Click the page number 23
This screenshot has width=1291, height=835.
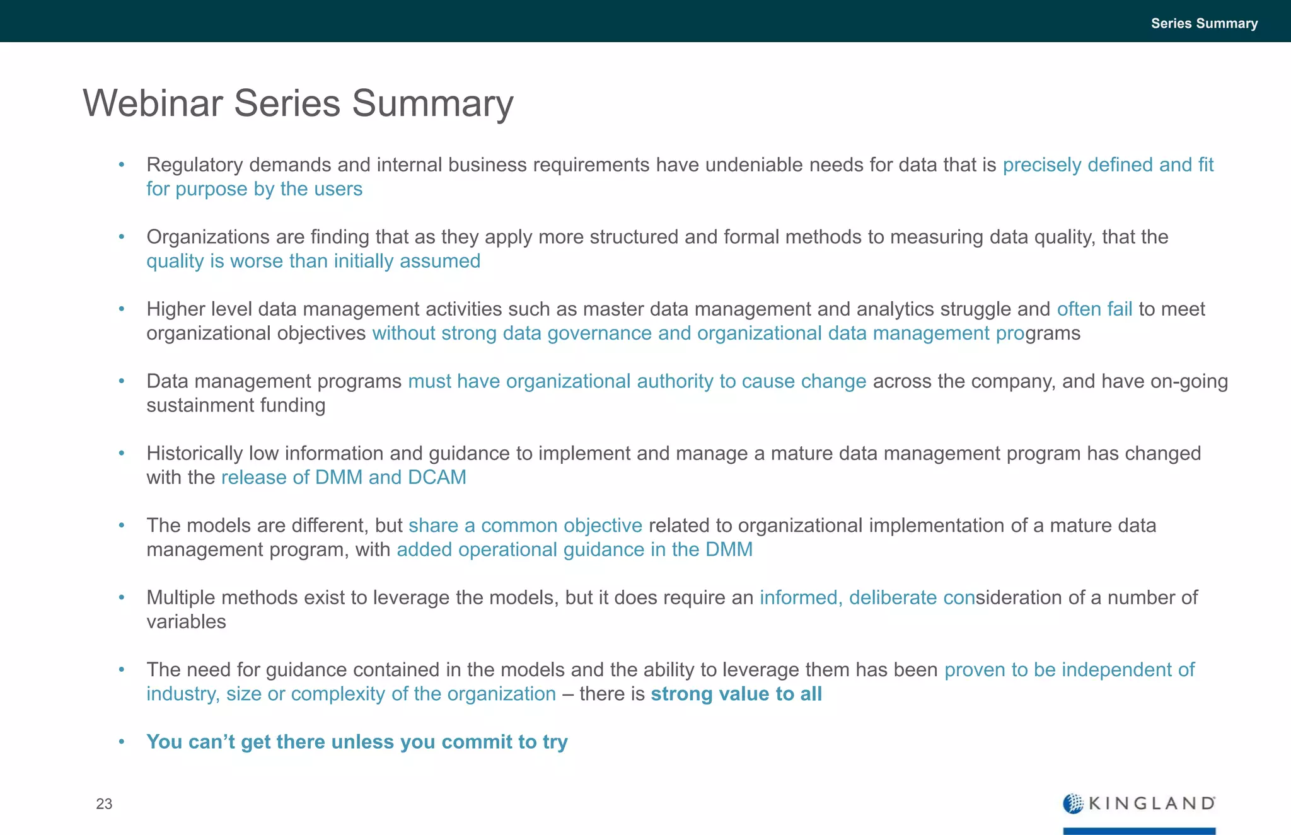[104, 803]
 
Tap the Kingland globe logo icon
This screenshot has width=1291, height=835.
[1073, 803]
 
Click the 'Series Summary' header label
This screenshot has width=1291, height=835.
[1204, 23]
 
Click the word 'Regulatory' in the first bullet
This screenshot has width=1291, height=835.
[195, 165]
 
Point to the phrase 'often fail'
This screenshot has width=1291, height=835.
[1094, 309]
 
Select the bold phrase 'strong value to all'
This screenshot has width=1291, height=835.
[736, 694]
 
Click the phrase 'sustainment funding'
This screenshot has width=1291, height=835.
[236, 405]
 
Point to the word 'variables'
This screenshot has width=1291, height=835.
[186, 621]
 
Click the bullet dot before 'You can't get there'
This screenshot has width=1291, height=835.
[122, 741]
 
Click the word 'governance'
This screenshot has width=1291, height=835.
[599, 333]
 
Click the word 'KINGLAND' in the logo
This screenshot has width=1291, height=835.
[1152, 803]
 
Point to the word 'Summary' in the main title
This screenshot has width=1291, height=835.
[432, 103]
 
